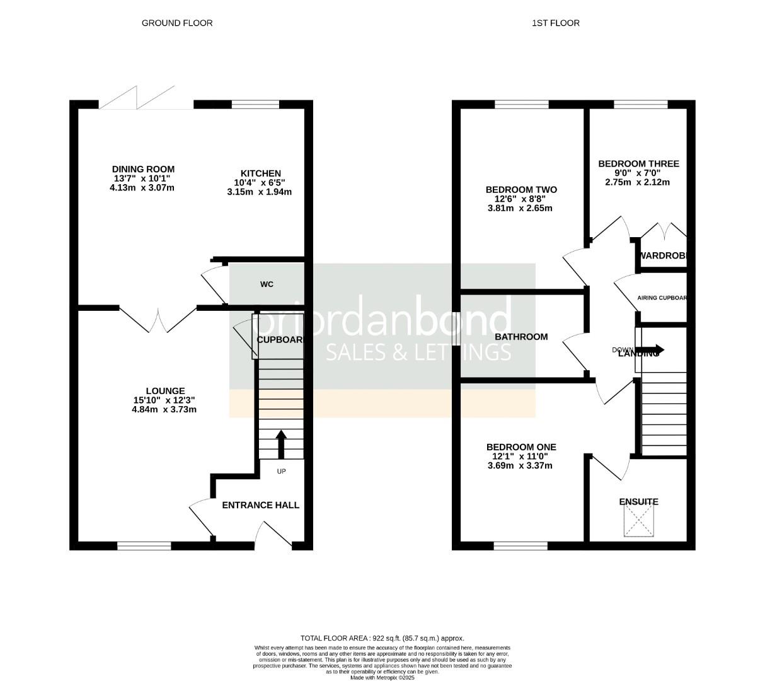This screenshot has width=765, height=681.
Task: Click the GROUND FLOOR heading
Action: (177, 23)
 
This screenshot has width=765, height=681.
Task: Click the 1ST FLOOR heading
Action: (555, 23)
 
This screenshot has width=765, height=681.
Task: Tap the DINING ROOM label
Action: (143, 169)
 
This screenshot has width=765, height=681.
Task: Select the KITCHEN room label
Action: (260, 173)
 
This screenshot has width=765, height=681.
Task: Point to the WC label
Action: (267, 284)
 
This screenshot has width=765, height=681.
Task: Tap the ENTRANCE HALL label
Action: (260, 505)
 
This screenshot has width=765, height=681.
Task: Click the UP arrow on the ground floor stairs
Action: (281, 444)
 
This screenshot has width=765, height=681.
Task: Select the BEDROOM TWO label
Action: (521, 190)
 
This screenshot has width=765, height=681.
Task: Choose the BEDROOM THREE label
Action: (638, 164)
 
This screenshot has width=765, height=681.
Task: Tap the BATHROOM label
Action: (521, 337)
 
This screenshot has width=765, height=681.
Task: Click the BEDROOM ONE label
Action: (521, 447)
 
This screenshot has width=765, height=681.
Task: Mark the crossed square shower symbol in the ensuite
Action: (638, 522)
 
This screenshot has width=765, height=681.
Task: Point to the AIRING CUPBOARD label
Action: (662, 298)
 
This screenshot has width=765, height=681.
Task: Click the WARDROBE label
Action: (662, 256)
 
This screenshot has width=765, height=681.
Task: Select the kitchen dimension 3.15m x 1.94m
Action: (260, 192)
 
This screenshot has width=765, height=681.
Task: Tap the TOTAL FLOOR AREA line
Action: (382, 638)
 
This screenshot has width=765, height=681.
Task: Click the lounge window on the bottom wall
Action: (144, 545)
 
